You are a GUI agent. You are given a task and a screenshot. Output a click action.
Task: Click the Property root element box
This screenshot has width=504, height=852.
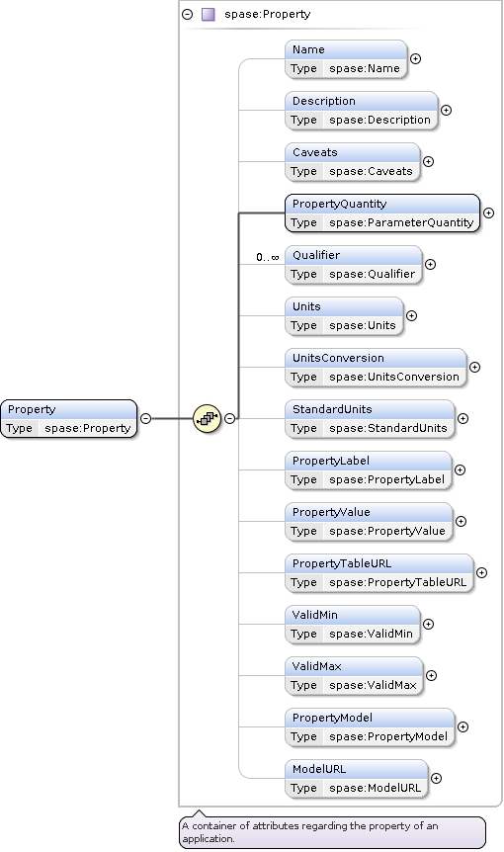tap(69, 419)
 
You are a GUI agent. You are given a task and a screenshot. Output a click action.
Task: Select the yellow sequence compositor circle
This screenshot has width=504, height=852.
tap(207, 419)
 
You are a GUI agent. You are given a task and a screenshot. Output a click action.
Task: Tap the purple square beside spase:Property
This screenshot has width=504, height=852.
tap(208, 14)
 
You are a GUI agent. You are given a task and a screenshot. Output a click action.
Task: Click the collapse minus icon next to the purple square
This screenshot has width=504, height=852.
tap(188, 15)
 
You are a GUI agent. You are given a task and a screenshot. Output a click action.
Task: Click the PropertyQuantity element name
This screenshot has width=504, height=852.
tap(339, 204)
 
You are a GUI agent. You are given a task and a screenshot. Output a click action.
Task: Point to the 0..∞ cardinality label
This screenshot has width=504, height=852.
tap(268, 257)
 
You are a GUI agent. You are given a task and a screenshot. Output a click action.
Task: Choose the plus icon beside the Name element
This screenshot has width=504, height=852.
tap(415, 58)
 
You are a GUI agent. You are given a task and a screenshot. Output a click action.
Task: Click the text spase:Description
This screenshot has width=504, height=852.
tap(379, 120)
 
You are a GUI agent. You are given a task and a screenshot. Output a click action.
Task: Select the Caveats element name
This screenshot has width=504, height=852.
tap(315, 152)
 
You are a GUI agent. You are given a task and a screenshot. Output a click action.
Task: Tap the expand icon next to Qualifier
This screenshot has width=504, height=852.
tap(430, 265)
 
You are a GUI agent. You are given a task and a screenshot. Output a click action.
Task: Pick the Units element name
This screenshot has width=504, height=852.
tap(306, 306)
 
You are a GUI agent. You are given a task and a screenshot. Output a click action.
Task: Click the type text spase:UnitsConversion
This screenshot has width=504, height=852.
tap(393, 377)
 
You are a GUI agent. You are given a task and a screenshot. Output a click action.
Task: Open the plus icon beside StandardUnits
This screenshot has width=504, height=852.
tap(462, 419)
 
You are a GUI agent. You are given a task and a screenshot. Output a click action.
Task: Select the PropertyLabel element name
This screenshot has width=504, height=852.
tap(331, 461)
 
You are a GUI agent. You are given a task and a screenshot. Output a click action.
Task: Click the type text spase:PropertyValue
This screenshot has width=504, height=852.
tap(386, 531)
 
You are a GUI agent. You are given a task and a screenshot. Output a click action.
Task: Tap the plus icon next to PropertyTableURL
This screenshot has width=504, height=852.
tap(481, 572)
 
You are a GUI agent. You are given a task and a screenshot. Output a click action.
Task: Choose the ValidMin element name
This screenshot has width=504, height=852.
tap(315, 615)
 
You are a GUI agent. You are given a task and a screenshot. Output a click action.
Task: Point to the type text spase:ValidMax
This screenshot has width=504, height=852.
tap(373, 685)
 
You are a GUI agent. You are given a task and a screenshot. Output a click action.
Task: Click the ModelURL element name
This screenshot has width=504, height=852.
tap(319, 769)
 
